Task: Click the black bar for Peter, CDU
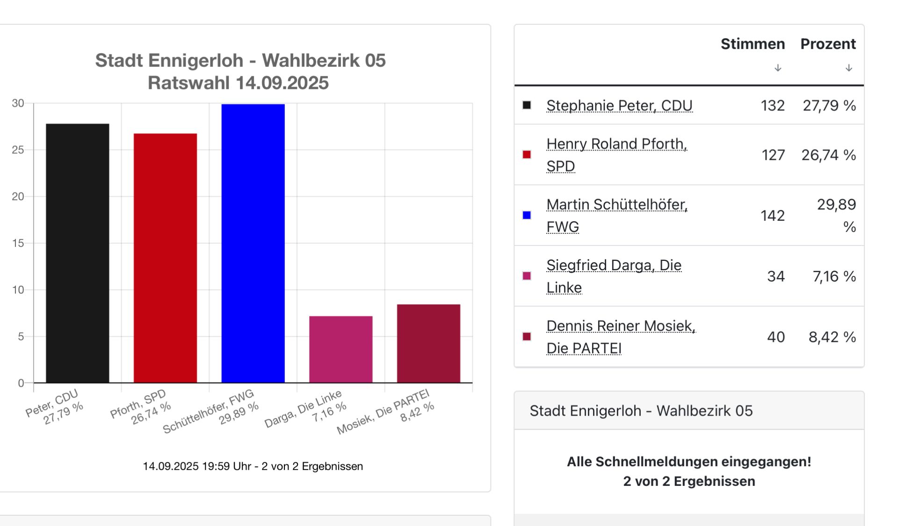coord(78,253)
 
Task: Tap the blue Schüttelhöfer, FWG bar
coord(253,243)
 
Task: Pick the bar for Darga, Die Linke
coord(340,349)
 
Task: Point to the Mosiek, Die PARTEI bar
coord(428,344)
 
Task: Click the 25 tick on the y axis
coord(18,150)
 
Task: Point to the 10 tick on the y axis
coord(18,290)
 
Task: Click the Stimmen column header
coord(752,44)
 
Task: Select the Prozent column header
coord(828,44)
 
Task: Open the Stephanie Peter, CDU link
coord(619,106)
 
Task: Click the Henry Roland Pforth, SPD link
coord(616,144)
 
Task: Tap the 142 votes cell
coord(772,216)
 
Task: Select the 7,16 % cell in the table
coord(834,276)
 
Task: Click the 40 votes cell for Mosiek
coord(775,337)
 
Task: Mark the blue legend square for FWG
coord(527,215)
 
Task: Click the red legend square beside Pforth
coord(527,155)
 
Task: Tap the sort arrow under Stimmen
coord(778,68)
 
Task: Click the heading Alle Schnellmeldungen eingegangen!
coord(688,461)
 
